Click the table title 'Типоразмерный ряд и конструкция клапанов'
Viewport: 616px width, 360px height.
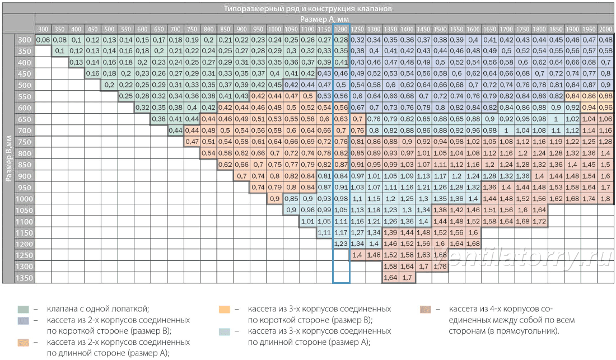307,8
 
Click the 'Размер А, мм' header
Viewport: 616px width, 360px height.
324,19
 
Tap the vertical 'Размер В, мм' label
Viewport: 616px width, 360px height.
8,158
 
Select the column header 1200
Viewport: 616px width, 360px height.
341,29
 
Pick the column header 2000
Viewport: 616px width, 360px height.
605,29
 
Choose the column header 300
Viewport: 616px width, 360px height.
43,29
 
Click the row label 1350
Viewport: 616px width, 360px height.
24,278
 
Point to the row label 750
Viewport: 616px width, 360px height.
24,142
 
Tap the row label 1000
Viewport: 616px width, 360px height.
24,199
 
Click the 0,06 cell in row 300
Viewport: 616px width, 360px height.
43,40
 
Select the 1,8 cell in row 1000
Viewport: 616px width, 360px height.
605,199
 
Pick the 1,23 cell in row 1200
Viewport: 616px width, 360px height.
341,244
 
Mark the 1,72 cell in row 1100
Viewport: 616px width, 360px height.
539,221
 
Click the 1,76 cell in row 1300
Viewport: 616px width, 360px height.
440,267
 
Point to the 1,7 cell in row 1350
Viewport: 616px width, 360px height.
407,278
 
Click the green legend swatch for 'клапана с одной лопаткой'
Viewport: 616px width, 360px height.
23,310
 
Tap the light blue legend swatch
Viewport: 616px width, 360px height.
225,331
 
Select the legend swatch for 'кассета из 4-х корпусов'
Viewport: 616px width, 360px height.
426,310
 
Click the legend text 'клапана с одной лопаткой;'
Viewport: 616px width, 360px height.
98,309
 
